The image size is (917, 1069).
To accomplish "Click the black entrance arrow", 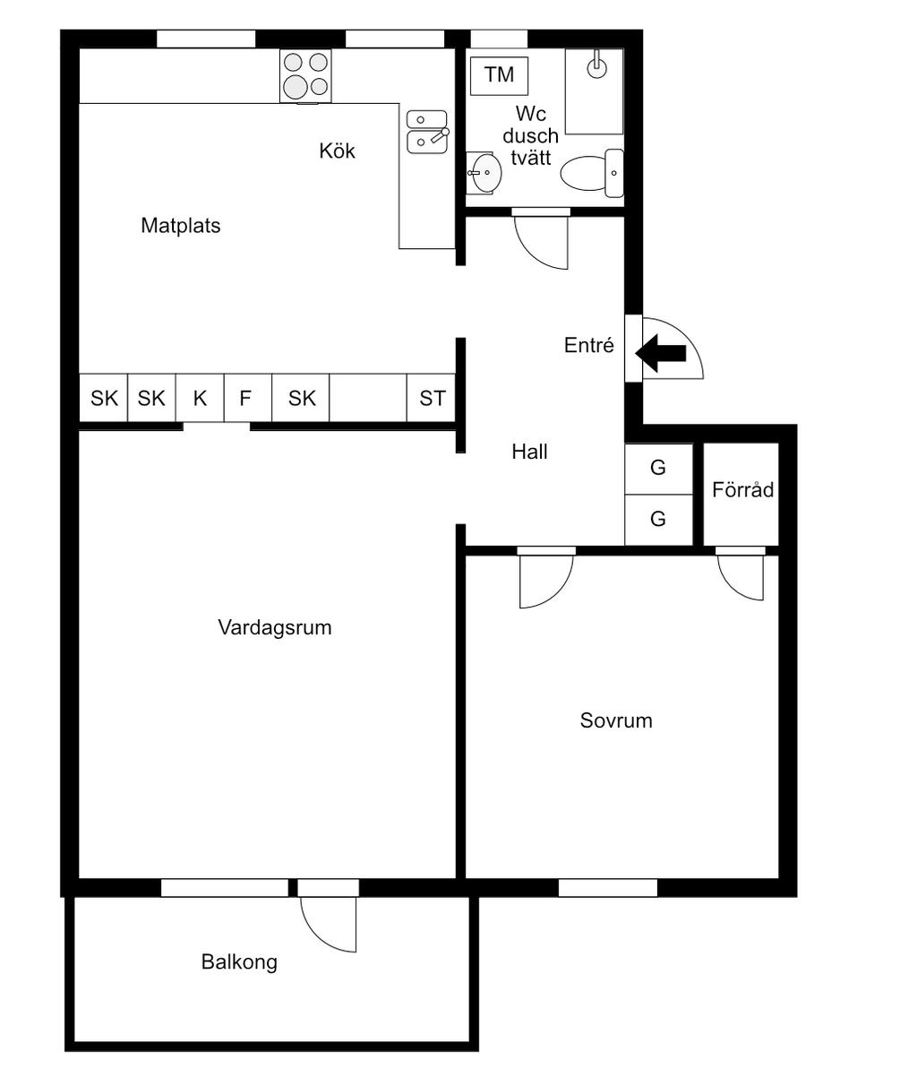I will [x=662, y=353].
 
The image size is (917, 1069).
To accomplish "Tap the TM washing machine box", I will [x=499, y=75].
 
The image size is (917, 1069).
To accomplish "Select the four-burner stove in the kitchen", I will [x=305, y=75].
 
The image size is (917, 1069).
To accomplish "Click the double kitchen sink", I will [x=426, y=131].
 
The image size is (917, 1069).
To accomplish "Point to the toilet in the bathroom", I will [x=591, y=173].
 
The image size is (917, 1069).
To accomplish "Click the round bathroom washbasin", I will [x=485, y=172].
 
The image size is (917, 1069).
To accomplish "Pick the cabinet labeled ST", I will [x=433, y=398].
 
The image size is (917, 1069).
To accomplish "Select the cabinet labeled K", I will [x=200, y=398].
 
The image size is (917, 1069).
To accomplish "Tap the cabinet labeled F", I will [x=245, y=398].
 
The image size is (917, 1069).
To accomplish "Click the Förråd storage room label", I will [x=742, y=490].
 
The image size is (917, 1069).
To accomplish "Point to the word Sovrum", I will [x=616, y=720].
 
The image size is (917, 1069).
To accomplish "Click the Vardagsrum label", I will [x=275, y=627].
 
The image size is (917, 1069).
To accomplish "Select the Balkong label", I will [x=239, y=962].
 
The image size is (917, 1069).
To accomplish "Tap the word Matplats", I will [x=180, y=226].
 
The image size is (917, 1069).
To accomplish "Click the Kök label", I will [x=337, y=151].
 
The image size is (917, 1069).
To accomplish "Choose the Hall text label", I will [x=529, y=452].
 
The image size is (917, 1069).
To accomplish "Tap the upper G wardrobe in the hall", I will [x=658, y=468].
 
